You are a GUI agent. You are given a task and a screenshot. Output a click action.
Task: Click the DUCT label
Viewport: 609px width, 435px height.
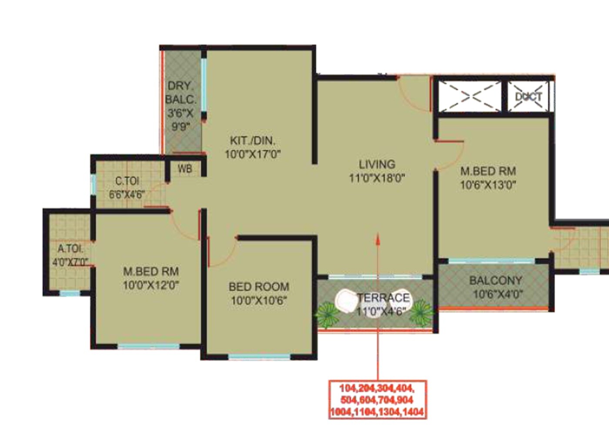pos(529,97)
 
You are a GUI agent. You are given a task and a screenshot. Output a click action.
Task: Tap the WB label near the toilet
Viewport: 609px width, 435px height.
pos(184,169)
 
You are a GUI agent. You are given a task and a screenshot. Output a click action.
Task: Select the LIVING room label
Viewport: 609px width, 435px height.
pos(377,164)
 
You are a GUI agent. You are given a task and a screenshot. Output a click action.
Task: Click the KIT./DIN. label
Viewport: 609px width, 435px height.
pos(252,141)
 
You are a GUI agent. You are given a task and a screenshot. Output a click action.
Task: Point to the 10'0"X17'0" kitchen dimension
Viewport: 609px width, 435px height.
pos(252,154)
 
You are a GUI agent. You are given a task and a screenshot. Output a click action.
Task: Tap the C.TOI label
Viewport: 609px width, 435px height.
pos(127,181)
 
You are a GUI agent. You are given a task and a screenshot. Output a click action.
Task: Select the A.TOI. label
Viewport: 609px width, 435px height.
pos(70,249)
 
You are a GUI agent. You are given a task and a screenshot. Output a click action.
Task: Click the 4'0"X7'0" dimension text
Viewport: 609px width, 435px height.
pos(70,262)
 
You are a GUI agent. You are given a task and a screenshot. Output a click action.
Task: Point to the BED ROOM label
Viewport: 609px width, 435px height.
pos(259,287)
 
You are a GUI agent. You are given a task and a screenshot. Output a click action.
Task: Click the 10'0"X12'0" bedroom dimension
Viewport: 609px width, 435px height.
pos(151,285)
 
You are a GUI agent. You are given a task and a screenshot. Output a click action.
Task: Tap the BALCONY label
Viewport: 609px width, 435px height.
pos(495,281)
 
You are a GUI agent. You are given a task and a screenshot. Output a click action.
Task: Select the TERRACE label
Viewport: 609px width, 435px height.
pos(383,298)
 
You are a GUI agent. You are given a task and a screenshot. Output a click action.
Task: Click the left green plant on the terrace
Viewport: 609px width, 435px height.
pos(328,313)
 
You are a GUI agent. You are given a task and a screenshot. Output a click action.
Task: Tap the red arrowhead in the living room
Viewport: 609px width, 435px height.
pos(378,238)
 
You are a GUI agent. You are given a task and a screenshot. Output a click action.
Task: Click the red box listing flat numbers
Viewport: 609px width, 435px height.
pos(377,400)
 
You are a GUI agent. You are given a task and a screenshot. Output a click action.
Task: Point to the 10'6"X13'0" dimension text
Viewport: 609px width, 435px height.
pos(488,185)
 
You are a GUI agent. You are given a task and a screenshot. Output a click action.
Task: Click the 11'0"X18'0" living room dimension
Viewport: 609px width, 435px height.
pos(377,178)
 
